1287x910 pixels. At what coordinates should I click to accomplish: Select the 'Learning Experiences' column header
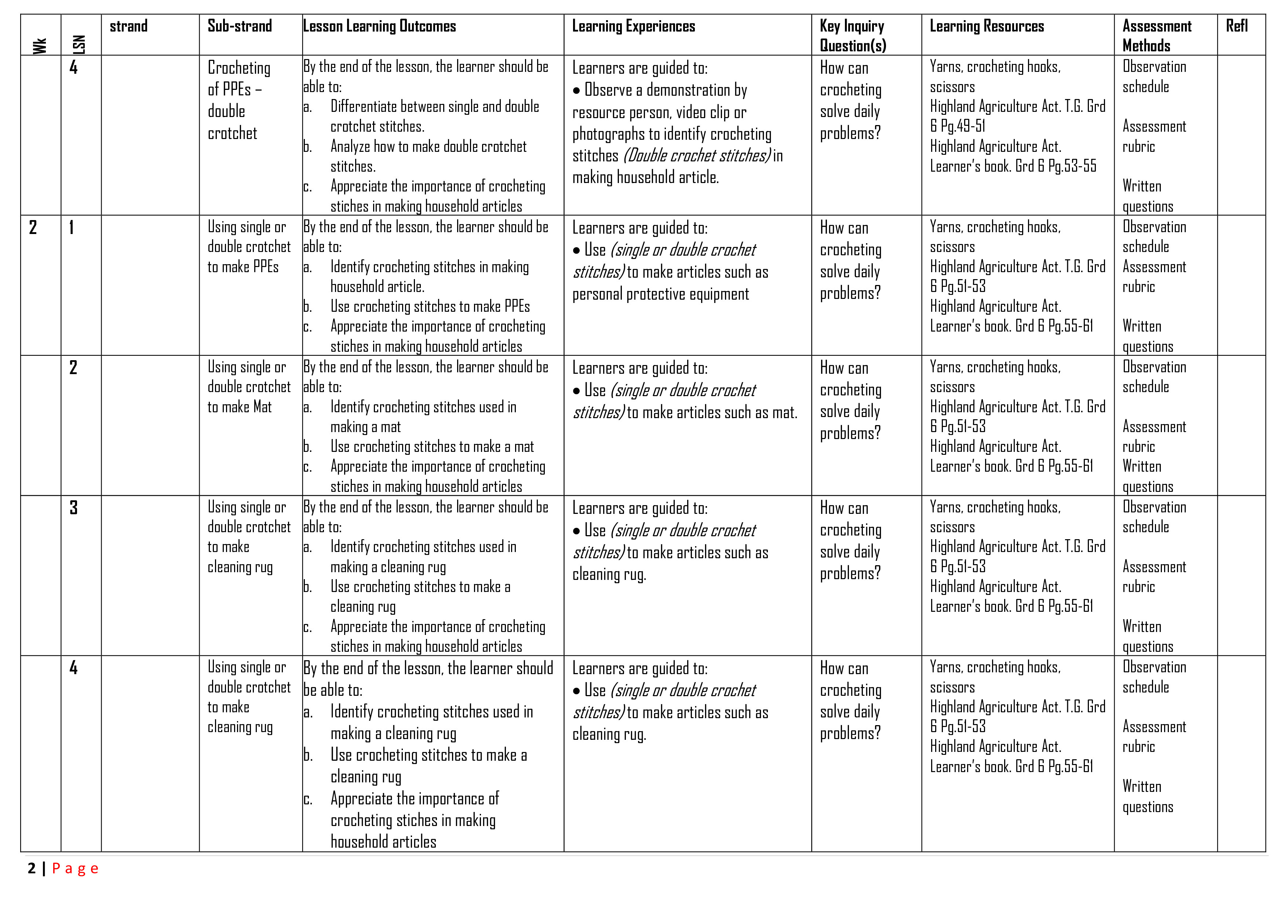[633, 26]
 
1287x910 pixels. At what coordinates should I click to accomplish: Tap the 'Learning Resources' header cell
[987, 26]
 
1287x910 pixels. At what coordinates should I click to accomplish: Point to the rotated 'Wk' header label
[40, 45]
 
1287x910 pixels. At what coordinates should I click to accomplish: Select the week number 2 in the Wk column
[33, 227]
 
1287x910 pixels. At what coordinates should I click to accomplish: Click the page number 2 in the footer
[32, 869]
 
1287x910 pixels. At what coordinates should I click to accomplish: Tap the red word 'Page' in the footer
[75, 869]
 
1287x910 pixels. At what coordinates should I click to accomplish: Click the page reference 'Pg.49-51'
[963, 126]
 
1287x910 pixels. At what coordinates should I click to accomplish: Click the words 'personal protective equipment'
[660, 294]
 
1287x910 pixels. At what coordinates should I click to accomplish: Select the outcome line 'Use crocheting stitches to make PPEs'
[430, 307]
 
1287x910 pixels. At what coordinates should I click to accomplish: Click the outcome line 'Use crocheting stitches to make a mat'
[431, 447]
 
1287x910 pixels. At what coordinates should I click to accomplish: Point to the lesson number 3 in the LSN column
[73, 508]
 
